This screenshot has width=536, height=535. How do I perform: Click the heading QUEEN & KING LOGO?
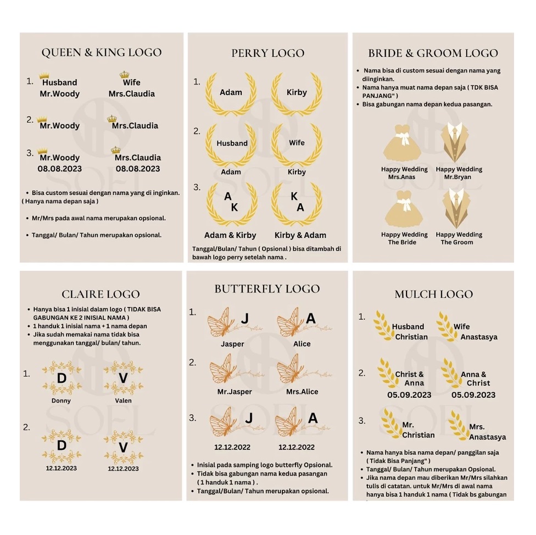(x=102, y=52)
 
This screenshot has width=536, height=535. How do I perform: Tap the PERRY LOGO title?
(x=267, y=53)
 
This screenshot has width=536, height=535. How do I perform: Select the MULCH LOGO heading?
(x=433, y=294)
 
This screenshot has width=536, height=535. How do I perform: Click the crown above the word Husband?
(x=44, y=75)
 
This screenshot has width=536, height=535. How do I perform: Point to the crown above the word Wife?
(x=125, y=75)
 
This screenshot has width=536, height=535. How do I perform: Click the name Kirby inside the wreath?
(x=297, y=92)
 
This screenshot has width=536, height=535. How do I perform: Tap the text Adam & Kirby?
(x=230, y=235)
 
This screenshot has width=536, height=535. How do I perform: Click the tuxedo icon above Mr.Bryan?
(x=454, y=142)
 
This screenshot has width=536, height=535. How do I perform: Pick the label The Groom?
(x=457, y=242)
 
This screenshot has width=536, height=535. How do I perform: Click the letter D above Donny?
(x=62, y=378)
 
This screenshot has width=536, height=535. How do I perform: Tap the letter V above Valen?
(x=123, y=378)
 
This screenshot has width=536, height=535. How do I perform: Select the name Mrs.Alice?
(x=302, y=392)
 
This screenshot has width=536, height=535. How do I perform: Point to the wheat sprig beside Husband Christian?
(x=383, y=325)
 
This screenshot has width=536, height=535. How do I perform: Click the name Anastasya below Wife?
(x=479, y=337)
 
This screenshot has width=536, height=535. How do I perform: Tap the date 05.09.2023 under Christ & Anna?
(x=409, y=395)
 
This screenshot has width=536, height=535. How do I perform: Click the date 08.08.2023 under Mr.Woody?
(x=60, y=169)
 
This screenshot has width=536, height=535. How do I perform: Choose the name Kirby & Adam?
(x=300, y=235)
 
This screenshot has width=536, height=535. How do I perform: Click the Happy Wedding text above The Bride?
(x=404, y=235)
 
